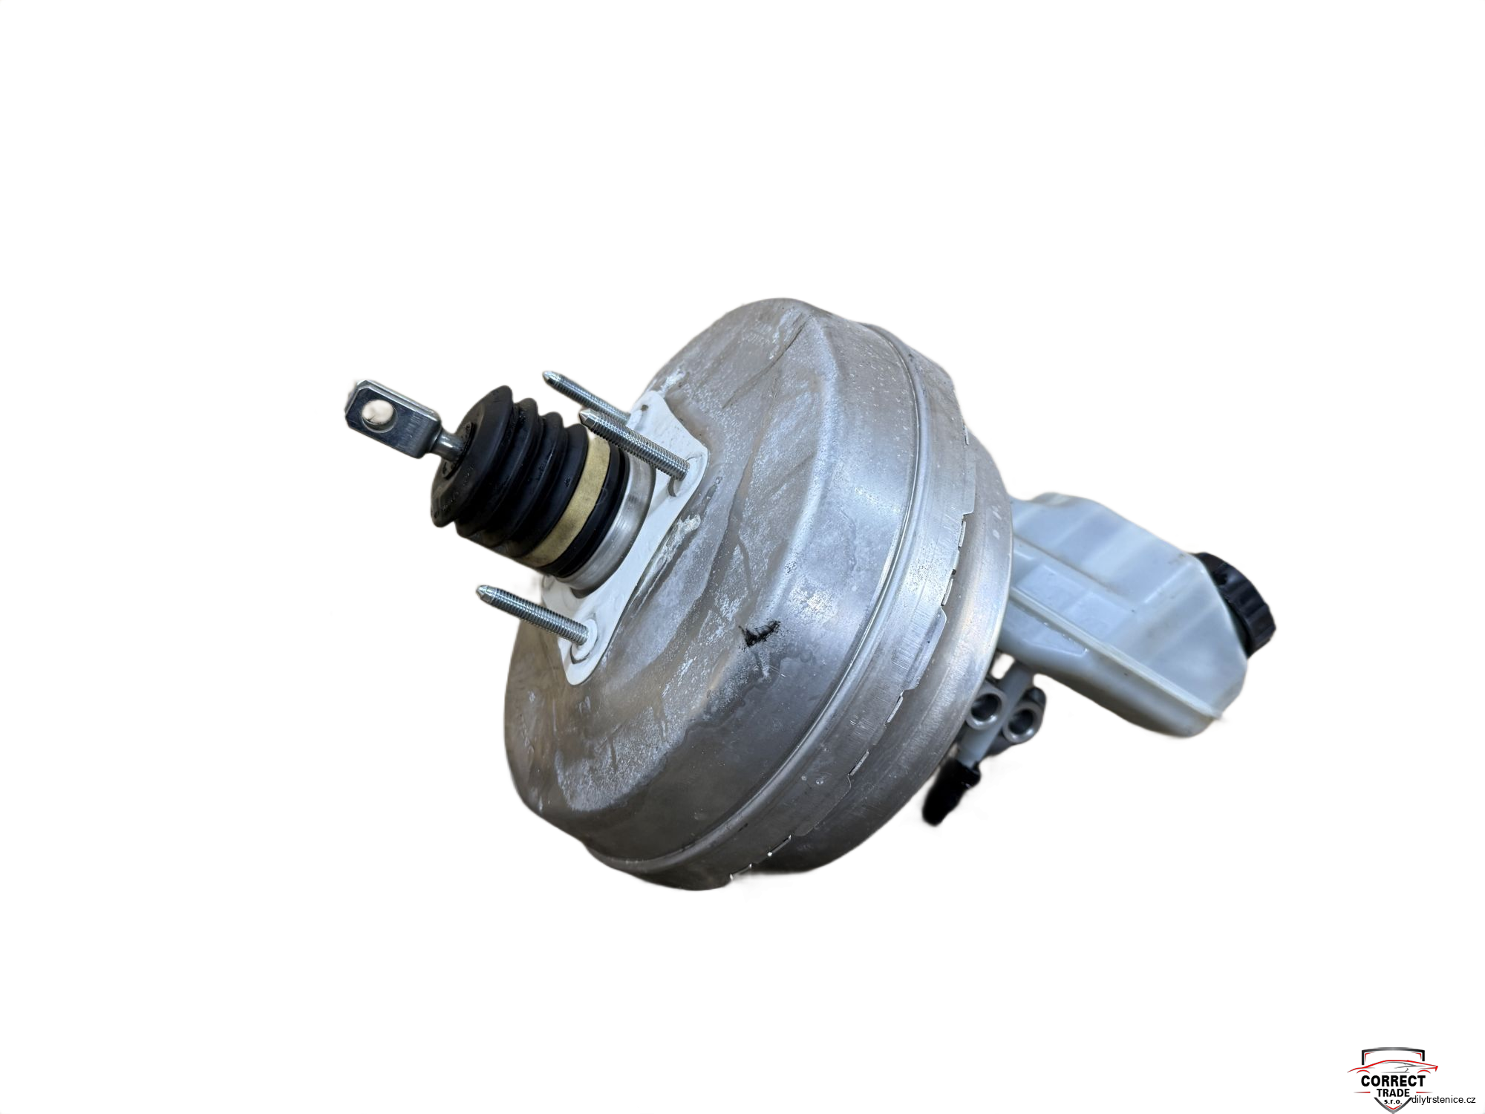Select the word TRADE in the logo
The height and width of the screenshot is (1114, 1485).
click(x=1393, y=1092)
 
